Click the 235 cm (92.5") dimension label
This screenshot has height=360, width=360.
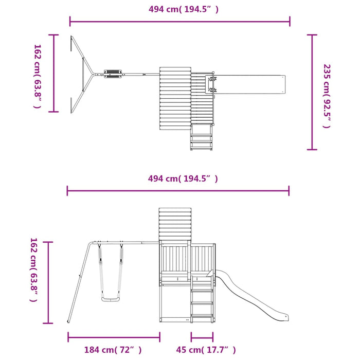click(327, 96)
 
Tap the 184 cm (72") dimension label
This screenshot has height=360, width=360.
click(113, 350)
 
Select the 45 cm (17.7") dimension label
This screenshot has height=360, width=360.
click(206, 350)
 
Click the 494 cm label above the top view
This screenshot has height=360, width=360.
click(184, 9)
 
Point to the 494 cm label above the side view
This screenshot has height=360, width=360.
click(183, 178)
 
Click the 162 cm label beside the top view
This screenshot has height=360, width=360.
click(37, 76)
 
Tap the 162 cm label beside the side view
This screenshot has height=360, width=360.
click(33, 270)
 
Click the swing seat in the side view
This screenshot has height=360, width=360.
click(111, 299)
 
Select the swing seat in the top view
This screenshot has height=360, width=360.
click(113, 74)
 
